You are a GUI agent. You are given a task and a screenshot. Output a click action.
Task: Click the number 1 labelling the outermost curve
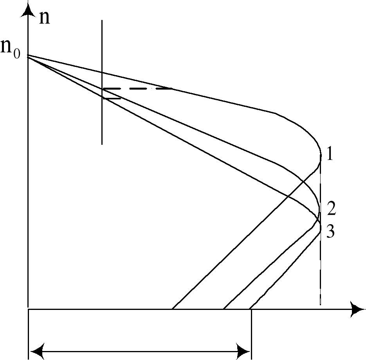330,155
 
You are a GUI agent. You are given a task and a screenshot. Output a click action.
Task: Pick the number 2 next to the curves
331,209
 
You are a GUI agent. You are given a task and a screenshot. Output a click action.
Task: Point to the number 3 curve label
330,232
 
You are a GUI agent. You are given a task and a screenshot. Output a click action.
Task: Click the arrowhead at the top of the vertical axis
27,9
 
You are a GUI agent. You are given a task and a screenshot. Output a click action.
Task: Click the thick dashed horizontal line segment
137,89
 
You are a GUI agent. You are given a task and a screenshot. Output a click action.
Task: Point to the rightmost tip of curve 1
321,157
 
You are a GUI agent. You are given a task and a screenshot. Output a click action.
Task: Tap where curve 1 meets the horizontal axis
172,309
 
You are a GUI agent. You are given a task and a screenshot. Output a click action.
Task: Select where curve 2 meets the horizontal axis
224,309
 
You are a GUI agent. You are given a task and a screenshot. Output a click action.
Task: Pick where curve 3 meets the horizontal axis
249,309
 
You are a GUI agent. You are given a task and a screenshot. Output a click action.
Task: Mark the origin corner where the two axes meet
28,309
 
